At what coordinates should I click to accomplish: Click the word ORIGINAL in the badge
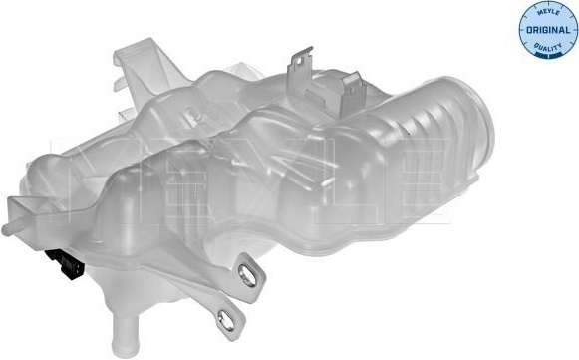click(x=548, y=30)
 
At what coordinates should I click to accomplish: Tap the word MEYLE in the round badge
click(x=548, y=13)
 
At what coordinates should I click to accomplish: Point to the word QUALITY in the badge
click(x=548, y=47)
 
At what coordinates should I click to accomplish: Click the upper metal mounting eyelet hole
click(x=247, y=274)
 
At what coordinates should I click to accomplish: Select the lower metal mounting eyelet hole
click(x=225, y=320)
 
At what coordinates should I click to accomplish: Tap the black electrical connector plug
click(x=66, y=263)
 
